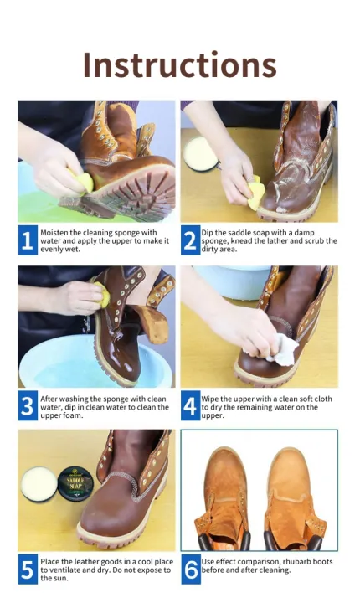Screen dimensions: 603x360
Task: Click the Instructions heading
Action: pyautogui.click(x=179, y=64)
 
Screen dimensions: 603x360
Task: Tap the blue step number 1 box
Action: pyautogui.click(x=27, y=241)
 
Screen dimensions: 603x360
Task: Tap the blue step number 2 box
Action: pyautogui.click(x=190, y=241)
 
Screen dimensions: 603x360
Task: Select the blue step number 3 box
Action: pyautogui.click(x=27, y=406)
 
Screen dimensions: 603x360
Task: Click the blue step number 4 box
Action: pyautogui.click(x=190, y=406)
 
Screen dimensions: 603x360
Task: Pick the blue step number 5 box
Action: pyautogui.click(x=27, y=570)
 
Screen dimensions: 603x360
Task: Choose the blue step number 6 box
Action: pyautogui.click(x=190, y=570)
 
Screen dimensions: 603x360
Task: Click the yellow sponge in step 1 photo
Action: pyautogui.click(x=81, y=179)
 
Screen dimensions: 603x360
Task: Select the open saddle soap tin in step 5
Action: pyautogui.click(x=35, y=485)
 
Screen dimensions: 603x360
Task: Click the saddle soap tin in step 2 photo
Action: pyautogui.click(x=202, y=153)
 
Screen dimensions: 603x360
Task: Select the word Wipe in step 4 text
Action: pyautogui.click(x=211, y=398)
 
